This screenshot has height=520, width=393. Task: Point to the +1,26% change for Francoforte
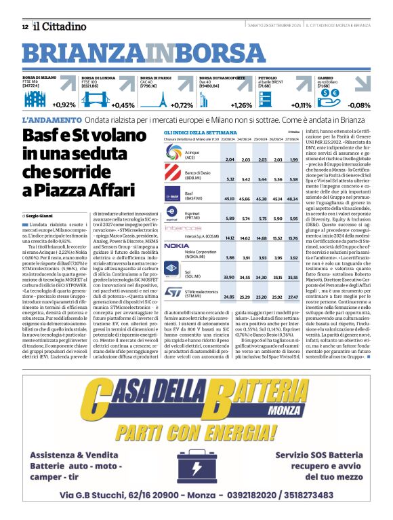[241, 105]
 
